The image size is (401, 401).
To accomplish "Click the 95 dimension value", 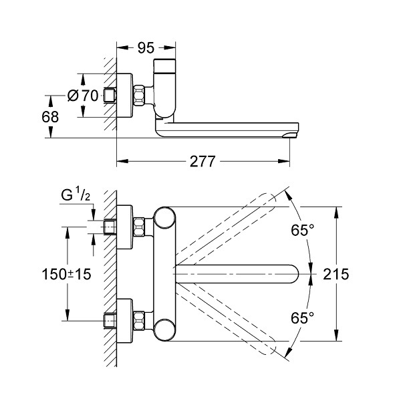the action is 146,48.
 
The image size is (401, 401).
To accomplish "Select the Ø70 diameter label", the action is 83,96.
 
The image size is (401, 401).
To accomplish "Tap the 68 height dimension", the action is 50,117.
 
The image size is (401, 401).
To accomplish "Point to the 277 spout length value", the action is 203,161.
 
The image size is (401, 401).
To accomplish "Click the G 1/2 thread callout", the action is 76,195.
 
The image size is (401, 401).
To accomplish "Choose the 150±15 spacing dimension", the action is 66,274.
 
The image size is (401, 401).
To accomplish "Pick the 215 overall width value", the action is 336,274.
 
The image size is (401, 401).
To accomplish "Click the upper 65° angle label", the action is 302,230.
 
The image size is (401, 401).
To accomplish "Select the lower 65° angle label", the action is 302,318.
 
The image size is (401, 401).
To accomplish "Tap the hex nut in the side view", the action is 140,96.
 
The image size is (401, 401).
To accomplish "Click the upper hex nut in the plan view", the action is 140,227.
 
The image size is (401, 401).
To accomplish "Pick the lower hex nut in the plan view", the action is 140,320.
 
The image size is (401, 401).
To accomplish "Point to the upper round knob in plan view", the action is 165,218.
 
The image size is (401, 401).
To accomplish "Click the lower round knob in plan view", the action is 165,330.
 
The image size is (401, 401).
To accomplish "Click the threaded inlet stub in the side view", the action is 110,96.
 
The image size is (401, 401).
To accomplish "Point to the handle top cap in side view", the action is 164,65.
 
